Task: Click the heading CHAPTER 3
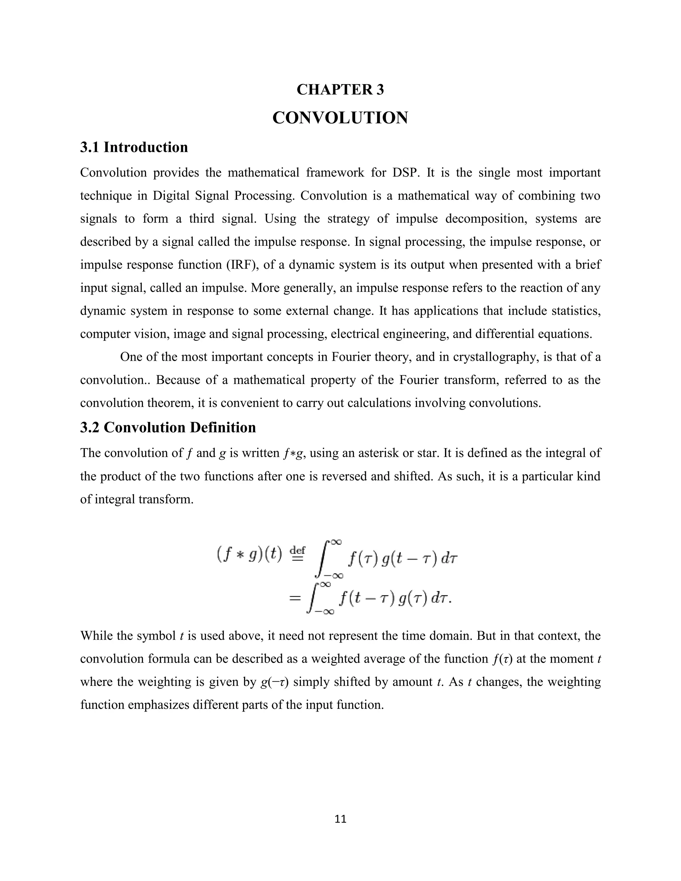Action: [x=340, y=89]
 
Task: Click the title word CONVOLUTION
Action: [x=340, y=118]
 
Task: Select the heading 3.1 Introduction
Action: [x=134, y=147]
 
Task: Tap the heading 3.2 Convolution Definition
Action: [x=168, y=427]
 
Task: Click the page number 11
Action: [x=340, y=819]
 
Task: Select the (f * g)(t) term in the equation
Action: [x=249, y=555]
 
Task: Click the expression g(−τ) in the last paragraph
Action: [x=274, y=682]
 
